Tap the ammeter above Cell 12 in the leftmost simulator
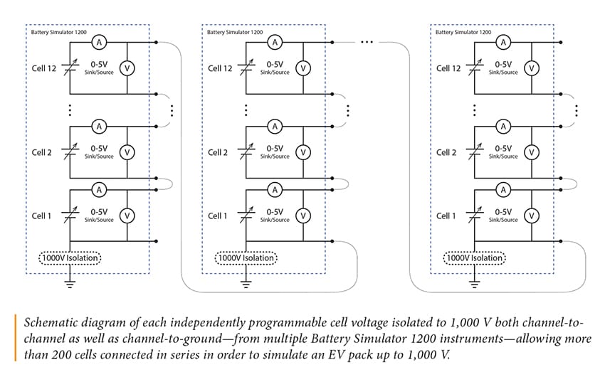coord(100,43)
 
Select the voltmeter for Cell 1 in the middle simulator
coord(302,216)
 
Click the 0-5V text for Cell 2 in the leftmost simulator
coord(99,149)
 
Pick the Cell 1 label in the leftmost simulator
coord(42,216)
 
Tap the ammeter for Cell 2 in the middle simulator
coord(275,127)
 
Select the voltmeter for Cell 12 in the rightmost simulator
coord(531,68)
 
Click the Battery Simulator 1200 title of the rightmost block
coord(463,32)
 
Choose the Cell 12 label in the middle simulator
coord(220,68)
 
